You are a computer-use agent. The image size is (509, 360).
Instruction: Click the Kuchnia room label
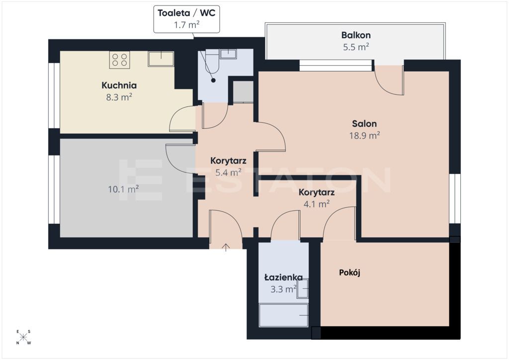(x=119, y=86)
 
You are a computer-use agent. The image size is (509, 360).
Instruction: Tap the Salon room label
(x=364, y=124)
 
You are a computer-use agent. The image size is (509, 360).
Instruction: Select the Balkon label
(x=356, y=35)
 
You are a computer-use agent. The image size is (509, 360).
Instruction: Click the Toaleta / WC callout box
(x=187, y=19)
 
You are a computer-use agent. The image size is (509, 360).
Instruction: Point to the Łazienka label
(x=283, y=277)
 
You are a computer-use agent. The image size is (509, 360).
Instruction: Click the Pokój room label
(x=349, y=272)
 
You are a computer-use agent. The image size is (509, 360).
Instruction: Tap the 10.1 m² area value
(x=123, y=188)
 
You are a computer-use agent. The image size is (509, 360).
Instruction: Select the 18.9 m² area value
(x=364, y=135)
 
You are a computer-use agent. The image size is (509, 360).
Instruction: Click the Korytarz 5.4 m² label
(x=228, y=167)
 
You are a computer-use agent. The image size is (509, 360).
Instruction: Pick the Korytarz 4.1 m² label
(x=317, y=198)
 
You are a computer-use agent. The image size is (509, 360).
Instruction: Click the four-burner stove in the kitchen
(x=119, y=60)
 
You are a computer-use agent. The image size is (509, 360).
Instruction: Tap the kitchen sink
(x=161, y=59)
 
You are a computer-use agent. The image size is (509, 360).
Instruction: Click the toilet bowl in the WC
(x=212, y=61)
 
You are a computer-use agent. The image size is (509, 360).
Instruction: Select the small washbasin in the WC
(x=229, y=54)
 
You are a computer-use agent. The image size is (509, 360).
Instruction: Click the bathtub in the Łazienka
(x=283, y=315)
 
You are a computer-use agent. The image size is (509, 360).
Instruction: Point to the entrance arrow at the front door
(x=226, y=247)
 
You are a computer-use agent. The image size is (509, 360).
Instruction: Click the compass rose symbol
(x=23, y=337)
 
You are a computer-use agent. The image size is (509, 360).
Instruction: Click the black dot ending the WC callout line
(x=213, y=80)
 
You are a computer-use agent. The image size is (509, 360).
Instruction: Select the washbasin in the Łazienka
(x=303, y=288)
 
